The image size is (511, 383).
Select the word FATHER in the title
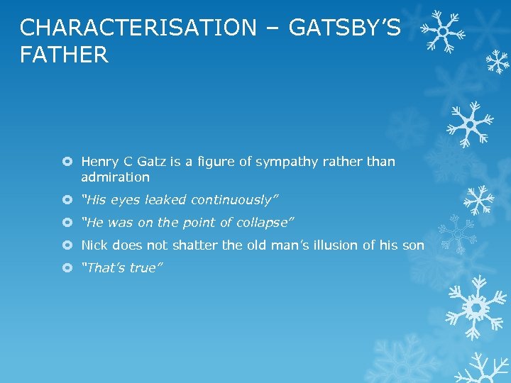click(65, 55)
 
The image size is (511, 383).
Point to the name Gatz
click(151, 162)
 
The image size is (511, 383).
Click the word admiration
click(115, 177)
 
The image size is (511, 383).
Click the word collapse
click(262, 222)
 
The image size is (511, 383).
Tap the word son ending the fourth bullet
click(413, 245)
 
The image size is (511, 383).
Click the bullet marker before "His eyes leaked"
click(67, 199)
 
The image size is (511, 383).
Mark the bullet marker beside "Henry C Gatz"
click(67, 162)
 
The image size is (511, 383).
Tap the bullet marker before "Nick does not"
click(67, 245)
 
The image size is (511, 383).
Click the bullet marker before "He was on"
click(67, 222)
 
